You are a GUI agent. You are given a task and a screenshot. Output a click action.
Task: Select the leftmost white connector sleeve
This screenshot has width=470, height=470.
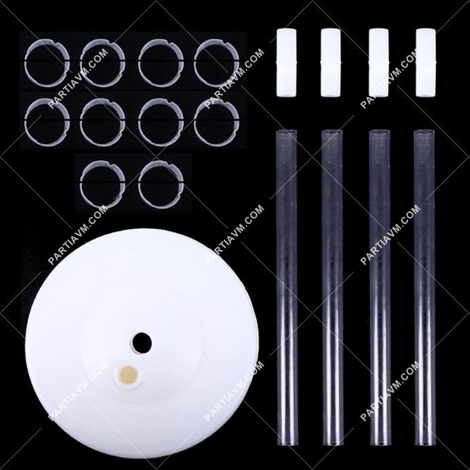click(286, 62)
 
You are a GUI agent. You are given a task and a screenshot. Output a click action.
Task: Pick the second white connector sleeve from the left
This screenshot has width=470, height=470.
click(331, 62)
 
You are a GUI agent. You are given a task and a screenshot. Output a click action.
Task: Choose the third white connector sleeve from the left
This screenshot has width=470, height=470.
click(378, 62)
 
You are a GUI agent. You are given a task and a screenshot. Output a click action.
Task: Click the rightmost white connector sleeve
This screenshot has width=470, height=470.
click(426, 62)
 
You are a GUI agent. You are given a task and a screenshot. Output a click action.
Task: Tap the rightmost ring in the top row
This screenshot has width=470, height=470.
click(194, 63)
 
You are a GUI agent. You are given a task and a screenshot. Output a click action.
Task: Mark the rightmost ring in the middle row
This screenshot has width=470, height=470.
click(194, 122)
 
